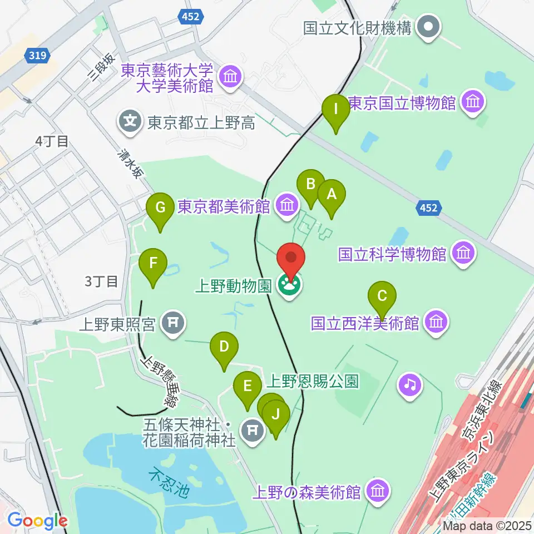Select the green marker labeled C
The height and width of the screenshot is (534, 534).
click(x=382, y=295)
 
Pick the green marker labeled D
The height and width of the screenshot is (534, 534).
click(x=224, y=347)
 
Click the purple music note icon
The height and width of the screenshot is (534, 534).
click(x=410, y=384)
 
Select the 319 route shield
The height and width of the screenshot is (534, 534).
click(x=38, y=55)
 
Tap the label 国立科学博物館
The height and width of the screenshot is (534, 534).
click(x=393, y=254)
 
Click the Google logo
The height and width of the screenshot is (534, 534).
click(x=37, y=521)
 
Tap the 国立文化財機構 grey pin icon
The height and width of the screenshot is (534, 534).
click(x=428, y=27)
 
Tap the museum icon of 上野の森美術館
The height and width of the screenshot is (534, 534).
click(x=378, y=491)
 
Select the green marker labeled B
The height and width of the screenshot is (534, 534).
click(x=310, y=184)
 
